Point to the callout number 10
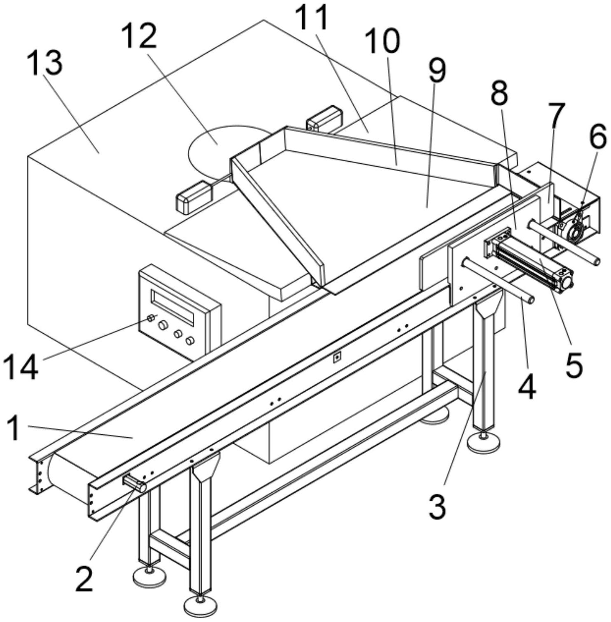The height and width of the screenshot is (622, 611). point(383,41)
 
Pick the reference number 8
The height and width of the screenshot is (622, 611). point(499,93)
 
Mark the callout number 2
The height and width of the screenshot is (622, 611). point(84,578)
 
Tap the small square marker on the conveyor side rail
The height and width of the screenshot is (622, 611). point(337,357)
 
